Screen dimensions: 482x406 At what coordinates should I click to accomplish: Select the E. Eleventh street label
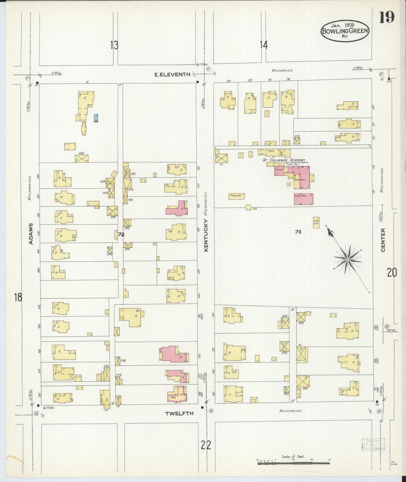point(172,75)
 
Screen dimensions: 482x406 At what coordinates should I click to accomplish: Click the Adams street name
point(31,233)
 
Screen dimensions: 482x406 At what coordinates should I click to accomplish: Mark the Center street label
point(383,240)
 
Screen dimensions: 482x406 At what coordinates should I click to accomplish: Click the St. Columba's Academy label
point(283,160)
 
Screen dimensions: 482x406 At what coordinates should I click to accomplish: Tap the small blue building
point(96,118)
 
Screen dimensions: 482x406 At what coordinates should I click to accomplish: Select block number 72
point(121,234)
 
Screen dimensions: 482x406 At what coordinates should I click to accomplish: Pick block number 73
point(298,232)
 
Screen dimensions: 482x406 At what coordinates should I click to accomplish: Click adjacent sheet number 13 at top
point(114,45)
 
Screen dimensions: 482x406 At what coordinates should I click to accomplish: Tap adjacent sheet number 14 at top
point(264,45)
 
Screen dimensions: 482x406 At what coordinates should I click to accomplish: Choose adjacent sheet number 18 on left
point(18,297)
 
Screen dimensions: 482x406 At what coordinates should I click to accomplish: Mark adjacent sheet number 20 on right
point(392,272)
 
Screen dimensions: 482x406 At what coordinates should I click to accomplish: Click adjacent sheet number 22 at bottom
point(206,445)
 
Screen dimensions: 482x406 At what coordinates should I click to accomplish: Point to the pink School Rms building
point(303,199)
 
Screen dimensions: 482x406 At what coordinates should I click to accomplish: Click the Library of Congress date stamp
point(372,445)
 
